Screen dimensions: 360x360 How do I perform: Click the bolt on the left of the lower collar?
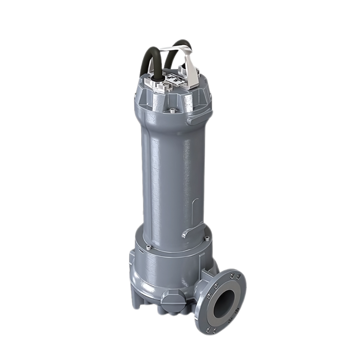[148, 247]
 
